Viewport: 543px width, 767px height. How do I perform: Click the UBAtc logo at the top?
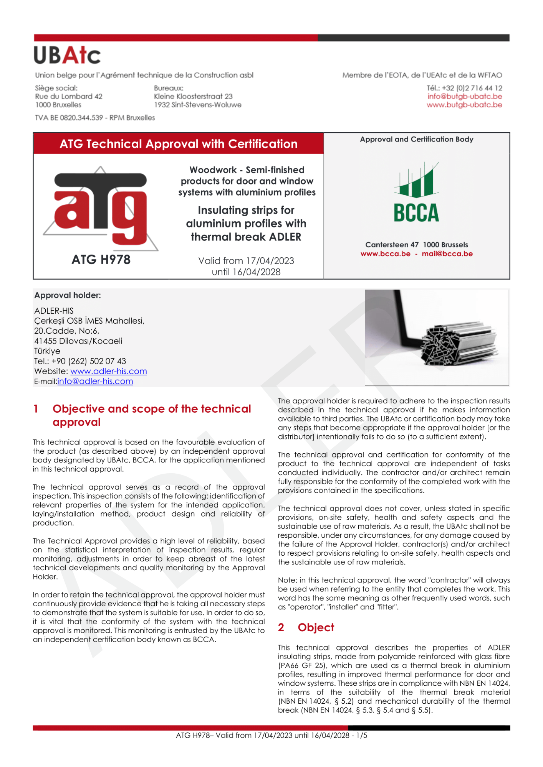67,55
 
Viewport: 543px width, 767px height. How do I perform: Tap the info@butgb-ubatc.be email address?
465,96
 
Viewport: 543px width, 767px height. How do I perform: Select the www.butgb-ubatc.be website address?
464,105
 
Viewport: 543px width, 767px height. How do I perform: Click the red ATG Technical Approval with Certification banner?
179,144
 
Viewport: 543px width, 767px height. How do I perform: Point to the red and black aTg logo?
101,209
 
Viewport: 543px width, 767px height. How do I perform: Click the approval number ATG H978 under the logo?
101,260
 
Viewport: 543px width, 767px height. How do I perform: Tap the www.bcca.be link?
385,253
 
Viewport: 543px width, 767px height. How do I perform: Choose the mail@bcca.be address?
447,253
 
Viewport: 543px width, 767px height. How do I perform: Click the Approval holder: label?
68,295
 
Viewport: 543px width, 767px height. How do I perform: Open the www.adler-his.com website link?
109,371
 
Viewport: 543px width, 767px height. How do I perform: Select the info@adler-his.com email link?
95,381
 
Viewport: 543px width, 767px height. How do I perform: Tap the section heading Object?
316,627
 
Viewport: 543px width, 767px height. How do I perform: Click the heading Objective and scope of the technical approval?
152,415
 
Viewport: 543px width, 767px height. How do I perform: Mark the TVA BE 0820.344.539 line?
95,118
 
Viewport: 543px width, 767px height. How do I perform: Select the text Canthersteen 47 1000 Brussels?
417,245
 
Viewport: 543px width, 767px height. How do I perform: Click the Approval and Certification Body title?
417,139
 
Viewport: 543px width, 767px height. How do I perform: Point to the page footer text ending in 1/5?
271,736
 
